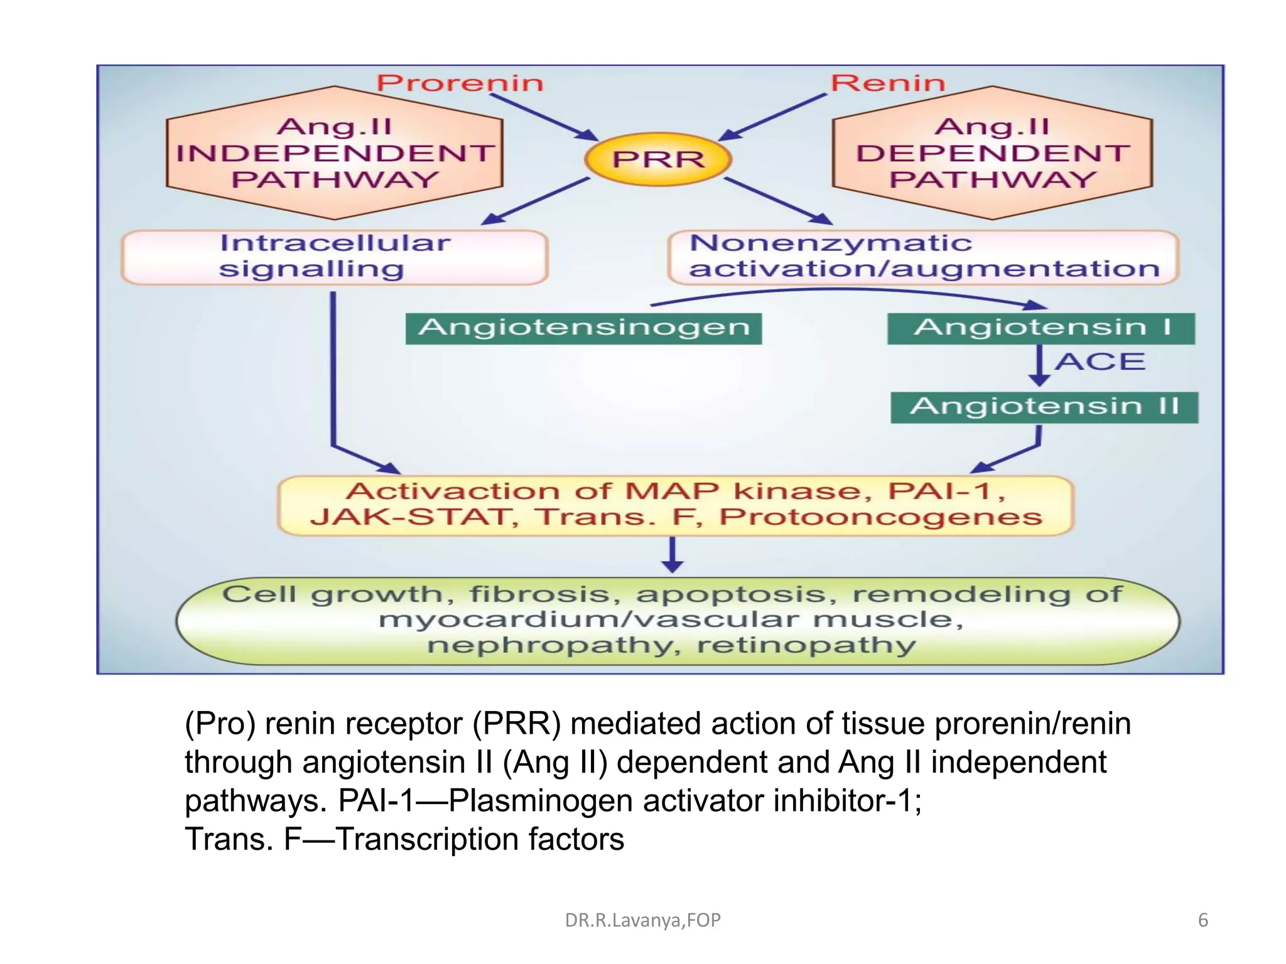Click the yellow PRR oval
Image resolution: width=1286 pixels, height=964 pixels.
pyautogui.click(x=657, y=159)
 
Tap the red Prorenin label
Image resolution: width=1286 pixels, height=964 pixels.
pyautogui.click(x=460, y=83)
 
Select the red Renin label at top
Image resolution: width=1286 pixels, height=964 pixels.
pyautogui.click(x=887, y=83)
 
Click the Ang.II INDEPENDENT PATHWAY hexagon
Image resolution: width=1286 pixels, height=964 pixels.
pyautogui.click(x=335, y=153)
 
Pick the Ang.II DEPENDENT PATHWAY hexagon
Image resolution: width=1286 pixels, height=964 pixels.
pyautogui.click(x=992, y=153)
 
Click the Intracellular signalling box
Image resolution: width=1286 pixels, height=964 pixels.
pyautogui.click(x=335, y=257)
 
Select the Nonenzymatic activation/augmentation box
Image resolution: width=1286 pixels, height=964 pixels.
pyautogui.click(x=923, y=257)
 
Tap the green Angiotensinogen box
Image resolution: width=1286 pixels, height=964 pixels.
pyautogui.click(x=583, y=328)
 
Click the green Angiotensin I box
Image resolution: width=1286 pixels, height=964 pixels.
pyautogui.click(x=1040, y=328)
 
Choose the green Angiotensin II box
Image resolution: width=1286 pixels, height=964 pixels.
pyautogui.click(x=1044, y=407)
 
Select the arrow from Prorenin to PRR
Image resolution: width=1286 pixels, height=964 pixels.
pyautogui.click(x=543, y=117)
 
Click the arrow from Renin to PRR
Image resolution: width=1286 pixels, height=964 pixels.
pyautogui.click(x=772, y=117)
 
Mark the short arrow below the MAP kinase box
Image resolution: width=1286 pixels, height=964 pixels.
pyautogui.click(x=673, y=555)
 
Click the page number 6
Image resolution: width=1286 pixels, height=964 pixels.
pyautogui.click(x=1202, y=920)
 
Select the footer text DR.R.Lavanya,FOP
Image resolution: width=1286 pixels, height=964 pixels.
pyautogui.click(x=642, y=920)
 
